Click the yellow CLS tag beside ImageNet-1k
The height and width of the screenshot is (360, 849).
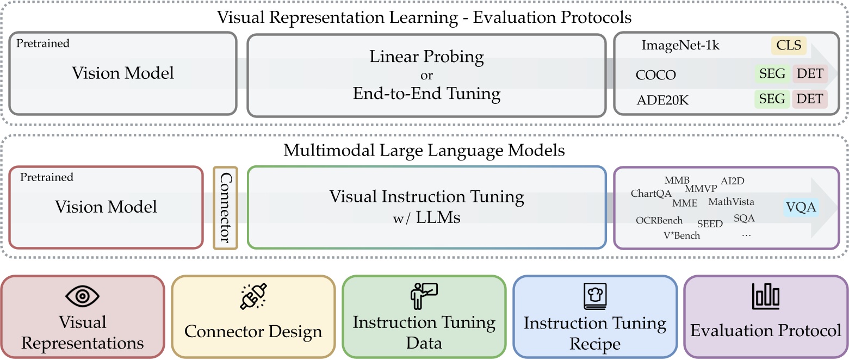coord(789,45)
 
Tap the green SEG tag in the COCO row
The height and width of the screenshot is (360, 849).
coord(772,74)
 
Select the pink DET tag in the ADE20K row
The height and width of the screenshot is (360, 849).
coord(810,99)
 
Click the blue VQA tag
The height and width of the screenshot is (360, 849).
coord(802,207)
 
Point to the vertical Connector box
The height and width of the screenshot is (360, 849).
coord(225,208)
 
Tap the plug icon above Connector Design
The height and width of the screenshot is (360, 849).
coord(253,297)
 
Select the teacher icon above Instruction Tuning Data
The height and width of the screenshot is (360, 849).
coord(423,296)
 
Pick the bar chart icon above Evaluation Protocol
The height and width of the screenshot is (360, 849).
coord(766,296)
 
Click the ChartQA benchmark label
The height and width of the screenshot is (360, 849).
coord(651,194)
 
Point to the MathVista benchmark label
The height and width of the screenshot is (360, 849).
coord(731,202)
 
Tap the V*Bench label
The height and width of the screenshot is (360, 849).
coord(681,235)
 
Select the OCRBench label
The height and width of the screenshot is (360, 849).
coord(660,220)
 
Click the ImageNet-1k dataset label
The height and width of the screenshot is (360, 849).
coord(680,45)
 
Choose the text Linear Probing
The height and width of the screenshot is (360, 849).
coord(426,56)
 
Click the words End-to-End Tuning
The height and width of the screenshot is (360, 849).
coord(426,94)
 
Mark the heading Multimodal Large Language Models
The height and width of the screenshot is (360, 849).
coord(424,150)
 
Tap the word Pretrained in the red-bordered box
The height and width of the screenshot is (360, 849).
coord(46,177)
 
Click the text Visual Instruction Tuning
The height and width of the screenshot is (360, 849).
coord(426,196)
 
